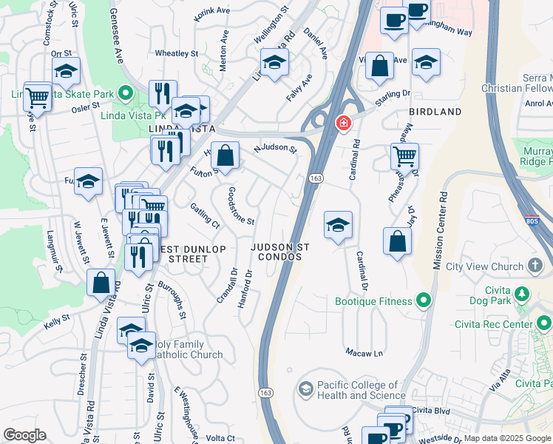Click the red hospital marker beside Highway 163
coord(343,123)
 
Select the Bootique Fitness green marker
coord(424,300)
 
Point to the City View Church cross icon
coord(535,266)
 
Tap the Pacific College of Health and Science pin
coord(305,388)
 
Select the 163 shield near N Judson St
coord(315,178)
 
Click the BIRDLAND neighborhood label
coord(435,112)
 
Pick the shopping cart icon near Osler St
coord(37,96)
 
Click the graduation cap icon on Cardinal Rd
coord(338,225)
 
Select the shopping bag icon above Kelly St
coord(101,283)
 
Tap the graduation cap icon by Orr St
coord(67,72)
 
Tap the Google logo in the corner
coord(24,435)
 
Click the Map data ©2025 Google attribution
coord(506,438)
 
